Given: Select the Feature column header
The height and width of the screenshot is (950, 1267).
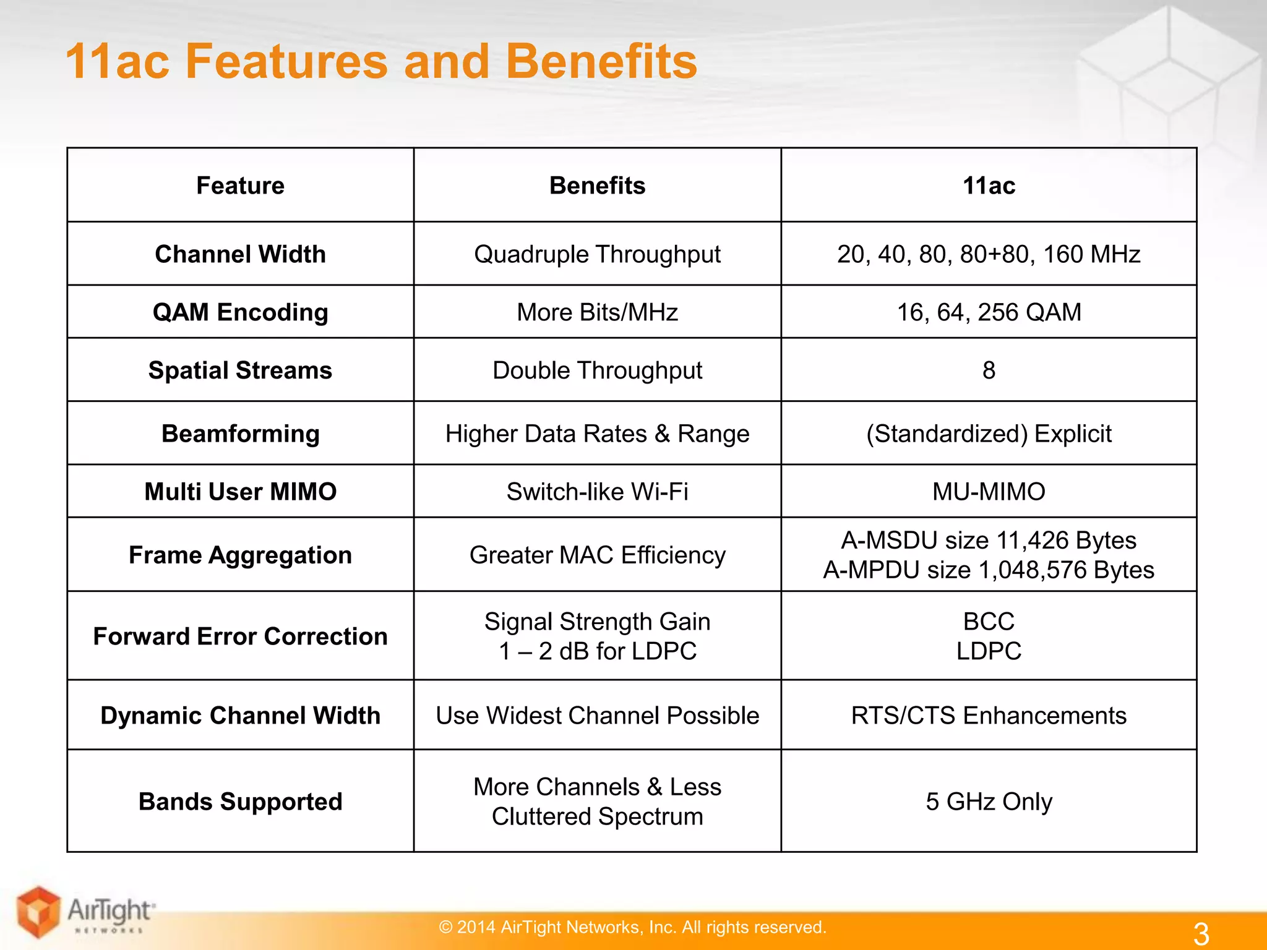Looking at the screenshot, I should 240,186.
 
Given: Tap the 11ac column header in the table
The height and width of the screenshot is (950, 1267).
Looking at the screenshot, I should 988,186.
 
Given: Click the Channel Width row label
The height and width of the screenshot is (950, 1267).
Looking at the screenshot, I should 240,254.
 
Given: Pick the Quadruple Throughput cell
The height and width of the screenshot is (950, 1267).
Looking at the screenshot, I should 597,254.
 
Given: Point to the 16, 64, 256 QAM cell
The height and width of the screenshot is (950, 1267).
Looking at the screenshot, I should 989,312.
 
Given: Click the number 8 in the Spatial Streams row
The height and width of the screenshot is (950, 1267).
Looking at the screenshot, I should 989,370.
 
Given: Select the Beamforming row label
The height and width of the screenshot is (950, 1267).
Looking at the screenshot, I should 240,434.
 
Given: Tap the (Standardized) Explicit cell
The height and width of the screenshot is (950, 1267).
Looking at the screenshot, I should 989,434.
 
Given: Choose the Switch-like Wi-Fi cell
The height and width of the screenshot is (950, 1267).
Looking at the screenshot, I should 597,492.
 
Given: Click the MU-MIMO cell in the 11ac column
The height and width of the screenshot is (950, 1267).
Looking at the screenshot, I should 989,492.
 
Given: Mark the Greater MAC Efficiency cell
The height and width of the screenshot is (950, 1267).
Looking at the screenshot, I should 597,555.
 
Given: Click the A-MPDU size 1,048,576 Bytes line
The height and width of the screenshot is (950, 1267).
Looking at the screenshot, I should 989,570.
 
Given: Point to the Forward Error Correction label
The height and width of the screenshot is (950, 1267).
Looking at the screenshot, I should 240,636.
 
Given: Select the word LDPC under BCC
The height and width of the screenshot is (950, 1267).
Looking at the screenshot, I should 989,651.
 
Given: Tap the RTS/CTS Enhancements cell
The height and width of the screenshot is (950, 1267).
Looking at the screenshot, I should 989,716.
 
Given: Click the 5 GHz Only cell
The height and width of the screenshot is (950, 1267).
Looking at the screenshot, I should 989,802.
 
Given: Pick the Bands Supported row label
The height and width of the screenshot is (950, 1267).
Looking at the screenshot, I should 240,802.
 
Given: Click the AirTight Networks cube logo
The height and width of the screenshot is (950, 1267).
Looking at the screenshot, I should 38,912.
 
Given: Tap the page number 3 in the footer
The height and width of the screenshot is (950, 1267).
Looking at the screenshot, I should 1201,933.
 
